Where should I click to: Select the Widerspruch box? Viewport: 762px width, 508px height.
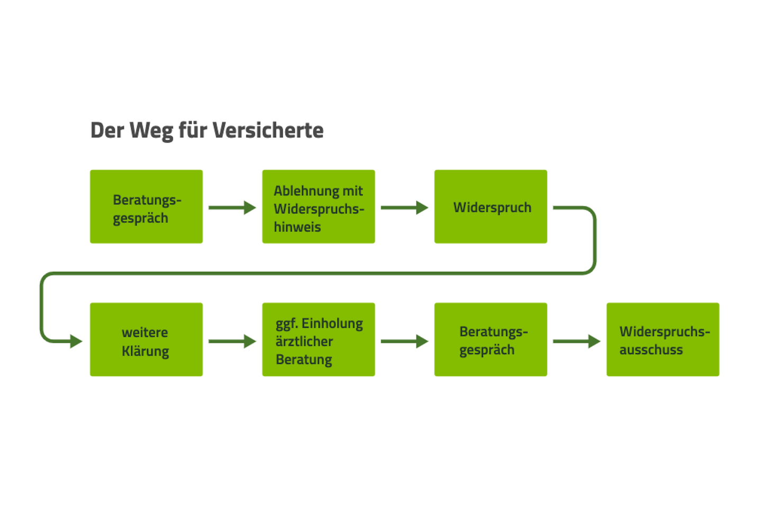coord(491,206)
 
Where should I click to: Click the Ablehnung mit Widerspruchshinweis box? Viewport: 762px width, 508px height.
coord(319,206)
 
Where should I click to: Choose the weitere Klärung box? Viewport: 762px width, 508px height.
coord(146,339)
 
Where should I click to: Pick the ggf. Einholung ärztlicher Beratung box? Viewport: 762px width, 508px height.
coord(319,339)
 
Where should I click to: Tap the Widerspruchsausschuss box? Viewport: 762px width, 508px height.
coord(663,339)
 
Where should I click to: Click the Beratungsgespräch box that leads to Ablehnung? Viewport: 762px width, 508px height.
coord(146,206)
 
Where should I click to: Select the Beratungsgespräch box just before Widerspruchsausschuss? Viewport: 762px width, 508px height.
coord(491,339)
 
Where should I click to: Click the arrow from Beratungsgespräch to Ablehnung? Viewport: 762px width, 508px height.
coord(232,207)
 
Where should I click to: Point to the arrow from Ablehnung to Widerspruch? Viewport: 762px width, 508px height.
coord(404,207)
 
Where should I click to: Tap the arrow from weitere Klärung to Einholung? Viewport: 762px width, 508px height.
coord(232,341)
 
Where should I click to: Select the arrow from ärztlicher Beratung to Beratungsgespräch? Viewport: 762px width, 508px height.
coord(404,341)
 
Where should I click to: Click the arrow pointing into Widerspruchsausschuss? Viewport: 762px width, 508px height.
coord(576,341)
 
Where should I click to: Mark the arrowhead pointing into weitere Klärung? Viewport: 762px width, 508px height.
coord(76,341)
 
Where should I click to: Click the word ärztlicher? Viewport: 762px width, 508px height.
coord(304,341)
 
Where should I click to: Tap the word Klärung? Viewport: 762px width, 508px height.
coord(146,351)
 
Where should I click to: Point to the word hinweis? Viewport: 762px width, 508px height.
coord(297,227)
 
